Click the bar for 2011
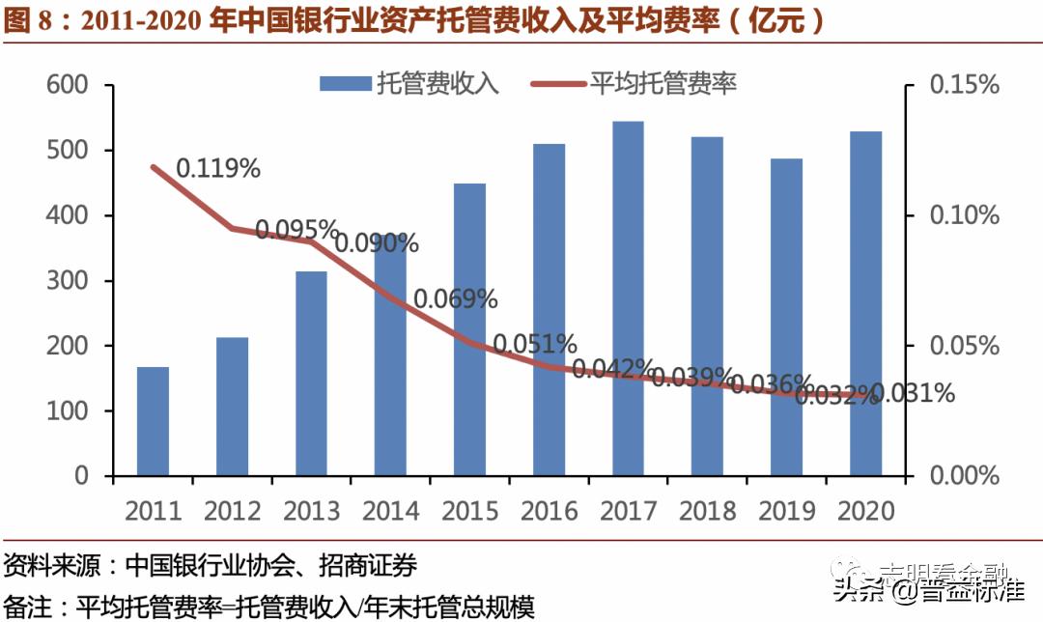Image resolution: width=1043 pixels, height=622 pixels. click(x=153, y=421)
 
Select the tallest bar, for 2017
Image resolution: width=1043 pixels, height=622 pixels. click(x=628, y=298)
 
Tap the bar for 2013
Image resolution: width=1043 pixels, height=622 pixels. click(x=311, y=374)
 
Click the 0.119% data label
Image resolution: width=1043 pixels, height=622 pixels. click(x=218, y=168)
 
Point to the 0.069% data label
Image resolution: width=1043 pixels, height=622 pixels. click(x=456, y=298)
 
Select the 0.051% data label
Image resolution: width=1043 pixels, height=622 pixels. click(x=535, y=344)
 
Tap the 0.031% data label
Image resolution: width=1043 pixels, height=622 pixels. click(x=913, y=393)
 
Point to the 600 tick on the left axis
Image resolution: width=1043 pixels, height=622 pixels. click(x=68, y=86)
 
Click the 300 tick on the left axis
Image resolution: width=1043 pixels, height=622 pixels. click(x=68, y=281)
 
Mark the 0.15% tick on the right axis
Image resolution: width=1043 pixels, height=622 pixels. click(x=964, y=86)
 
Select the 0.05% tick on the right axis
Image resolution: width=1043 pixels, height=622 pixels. click(x=964, y=346)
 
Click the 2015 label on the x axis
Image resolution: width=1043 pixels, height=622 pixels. click(x=469, y=510)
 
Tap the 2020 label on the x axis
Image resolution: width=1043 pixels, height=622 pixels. click(x=865, y=510)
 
